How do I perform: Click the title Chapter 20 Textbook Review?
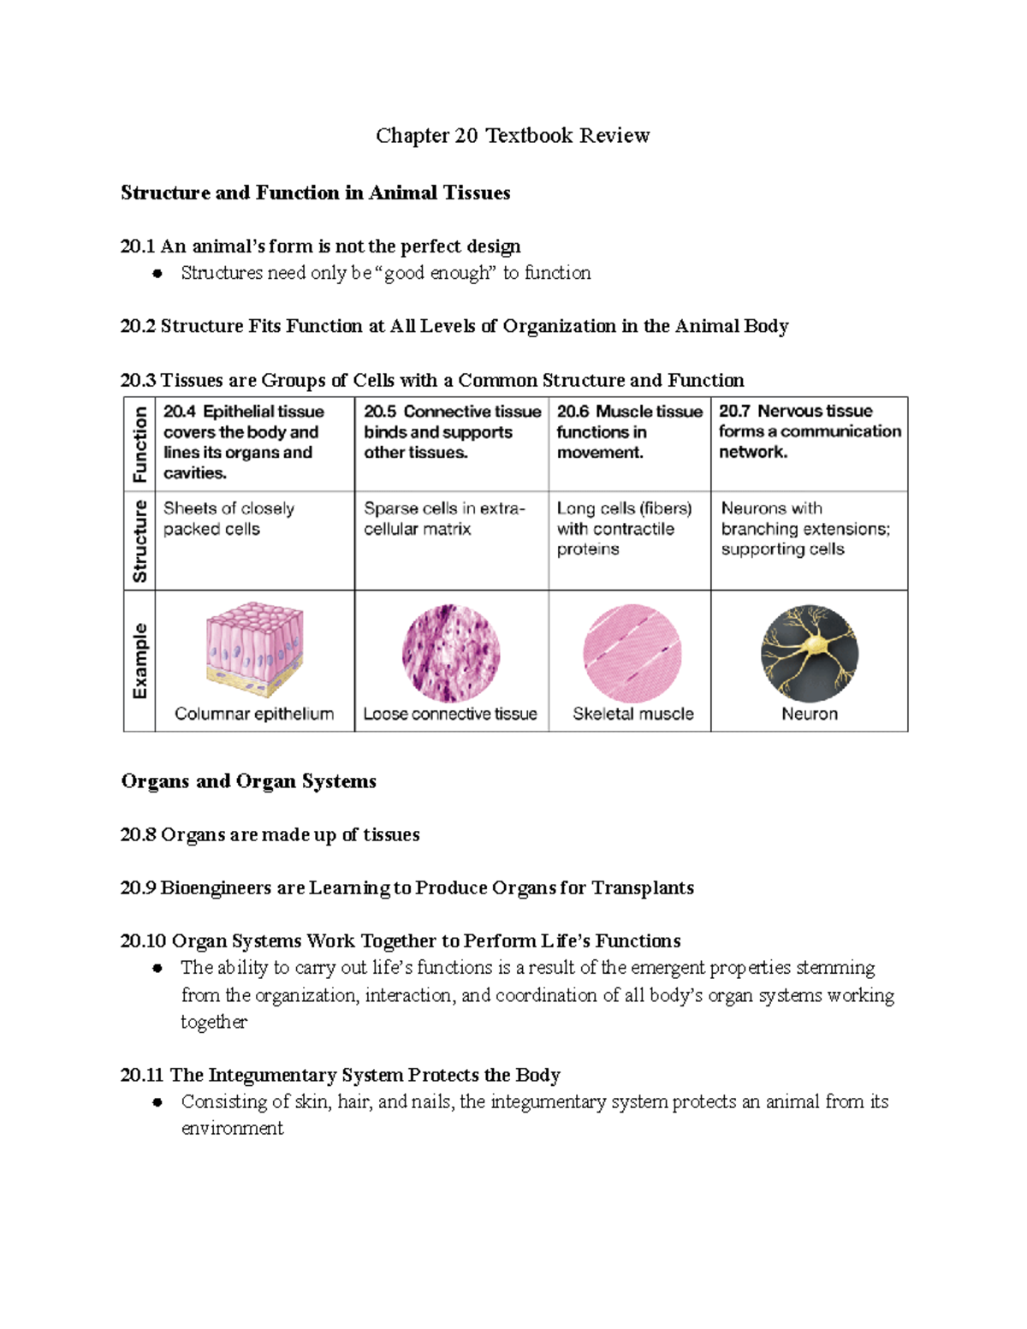513,135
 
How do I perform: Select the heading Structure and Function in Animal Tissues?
315,193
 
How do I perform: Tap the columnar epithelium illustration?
254,650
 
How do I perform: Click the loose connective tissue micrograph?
451,653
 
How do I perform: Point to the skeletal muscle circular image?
632,653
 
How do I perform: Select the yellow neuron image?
809,654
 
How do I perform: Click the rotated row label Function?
140,444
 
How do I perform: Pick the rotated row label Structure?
140,542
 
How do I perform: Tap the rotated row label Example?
140,661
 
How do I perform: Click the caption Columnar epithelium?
254,714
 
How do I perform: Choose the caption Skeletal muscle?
632,714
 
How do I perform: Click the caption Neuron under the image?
809,714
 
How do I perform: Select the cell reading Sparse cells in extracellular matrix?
443,519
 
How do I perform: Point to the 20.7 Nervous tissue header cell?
809,431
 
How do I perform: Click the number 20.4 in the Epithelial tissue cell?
180,412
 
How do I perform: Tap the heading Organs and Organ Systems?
248,781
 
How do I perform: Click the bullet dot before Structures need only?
157,274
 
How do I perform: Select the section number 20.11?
142,1075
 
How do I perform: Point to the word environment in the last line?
232,1128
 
